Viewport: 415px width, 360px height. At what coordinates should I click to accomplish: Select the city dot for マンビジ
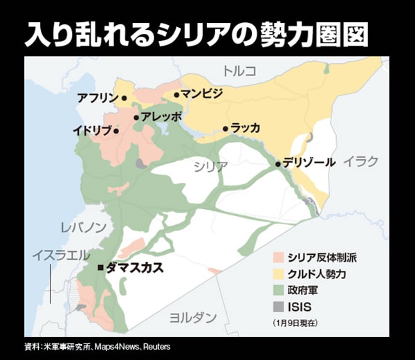[177, 95]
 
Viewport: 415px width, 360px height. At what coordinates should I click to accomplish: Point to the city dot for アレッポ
[136, 117]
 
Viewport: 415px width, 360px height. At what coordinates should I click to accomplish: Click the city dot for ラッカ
[225, 128]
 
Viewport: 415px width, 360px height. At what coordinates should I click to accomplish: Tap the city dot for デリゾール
[278, 164]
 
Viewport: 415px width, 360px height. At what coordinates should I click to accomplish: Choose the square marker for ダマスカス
[101, 267]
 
